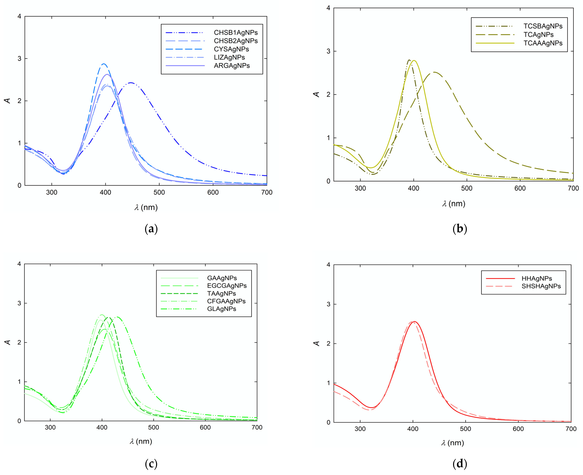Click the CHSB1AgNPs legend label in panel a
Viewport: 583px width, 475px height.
236,33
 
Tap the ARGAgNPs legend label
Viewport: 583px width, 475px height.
232,66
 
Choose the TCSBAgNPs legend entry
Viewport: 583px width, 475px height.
543,26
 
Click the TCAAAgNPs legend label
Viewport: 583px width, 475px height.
543,43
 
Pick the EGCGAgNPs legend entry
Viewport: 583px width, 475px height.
227,286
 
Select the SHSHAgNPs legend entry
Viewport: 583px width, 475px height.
541,286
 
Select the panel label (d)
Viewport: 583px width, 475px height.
460,464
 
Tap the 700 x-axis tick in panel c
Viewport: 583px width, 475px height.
257,427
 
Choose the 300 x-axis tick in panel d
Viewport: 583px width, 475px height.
360,429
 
